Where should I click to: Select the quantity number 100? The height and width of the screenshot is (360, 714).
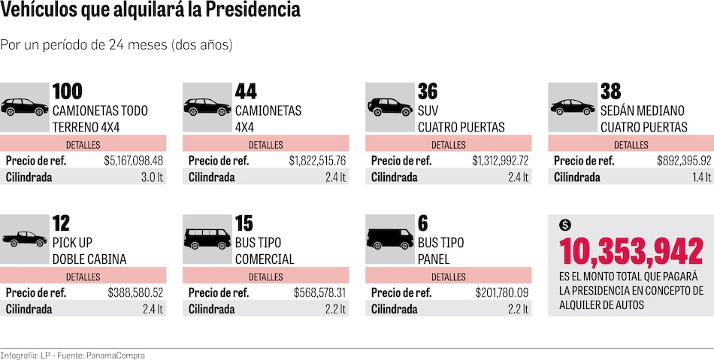click(x=68, y=92)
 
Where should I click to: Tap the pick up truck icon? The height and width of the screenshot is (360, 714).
click(x=24, y=239)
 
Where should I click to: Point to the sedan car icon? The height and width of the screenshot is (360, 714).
click(x=573, y=107)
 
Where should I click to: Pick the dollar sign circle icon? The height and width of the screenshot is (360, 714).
click(x=565, y=225)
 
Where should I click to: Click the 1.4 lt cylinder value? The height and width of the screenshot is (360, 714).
click(x=702, y=177)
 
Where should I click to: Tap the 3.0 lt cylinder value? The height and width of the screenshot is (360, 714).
click(x=153, y=177)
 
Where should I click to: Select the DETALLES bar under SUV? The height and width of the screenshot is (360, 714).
click(x=449, y=144)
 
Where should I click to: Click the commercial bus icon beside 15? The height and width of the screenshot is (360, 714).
click(x=207, y=239)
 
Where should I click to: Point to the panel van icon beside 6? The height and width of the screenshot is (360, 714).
click(x=390, y=239)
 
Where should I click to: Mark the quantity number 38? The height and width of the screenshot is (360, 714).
click(x=610, y=92)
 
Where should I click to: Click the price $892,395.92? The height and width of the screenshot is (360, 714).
click(x=684, y=161)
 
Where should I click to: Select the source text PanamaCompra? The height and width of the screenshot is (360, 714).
click(x=116, y=355)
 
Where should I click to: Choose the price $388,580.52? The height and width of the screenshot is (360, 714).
click(x=135, y=292)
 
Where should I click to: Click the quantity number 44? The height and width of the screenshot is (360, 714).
click(x=246, y=92)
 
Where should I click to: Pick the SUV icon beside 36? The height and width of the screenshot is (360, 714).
click(x=390, y=107)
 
